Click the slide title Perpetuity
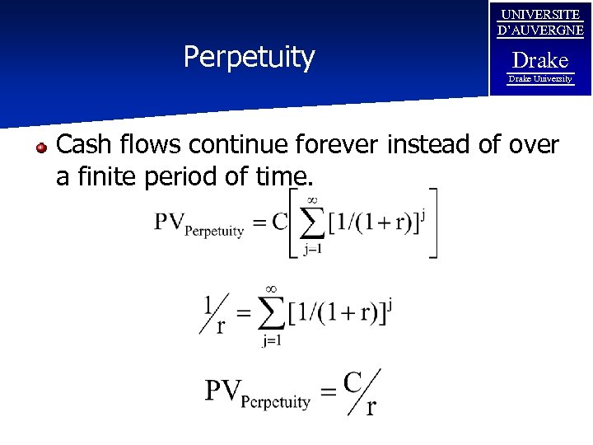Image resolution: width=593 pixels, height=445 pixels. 249,58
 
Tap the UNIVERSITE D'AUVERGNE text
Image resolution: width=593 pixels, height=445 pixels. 540,23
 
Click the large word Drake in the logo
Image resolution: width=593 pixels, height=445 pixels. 540,60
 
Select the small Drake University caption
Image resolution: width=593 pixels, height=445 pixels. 540,79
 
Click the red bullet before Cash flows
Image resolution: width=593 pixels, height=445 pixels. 40,148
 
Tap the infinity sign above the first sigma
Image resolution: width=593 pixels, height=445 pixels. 311,199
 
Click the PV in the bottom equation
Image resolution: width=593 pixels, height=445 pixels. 224,390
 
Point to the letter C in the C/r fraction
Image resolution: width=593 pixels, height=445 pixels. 353,382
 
